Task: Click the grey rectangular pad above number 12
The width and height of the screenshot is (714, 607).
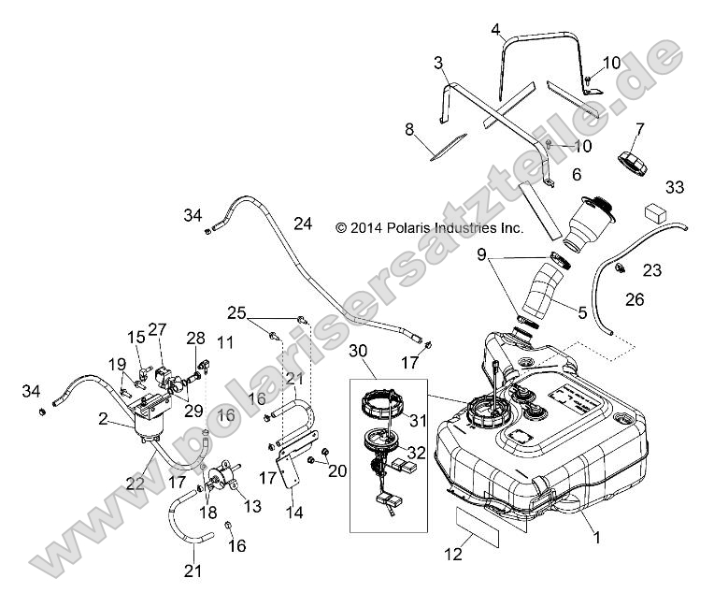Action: pos(478,528)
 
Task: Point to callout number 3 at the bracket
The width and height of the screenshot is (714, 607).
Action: pos(437,63)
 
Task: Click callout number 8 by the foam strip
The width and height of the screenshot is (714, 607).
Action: pos(409,130)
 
